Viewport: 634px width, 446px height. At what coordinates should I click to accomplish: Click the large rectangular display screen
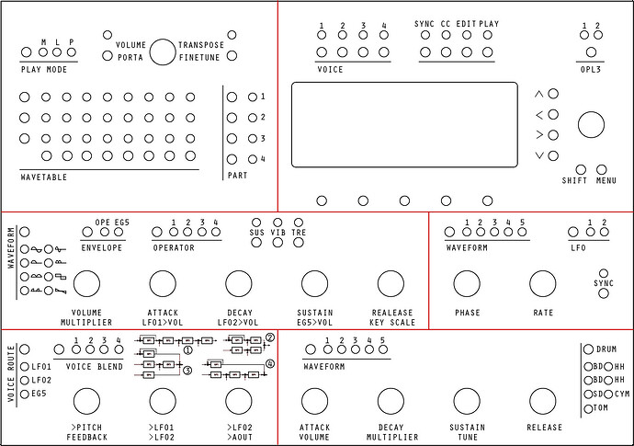coord(404,125)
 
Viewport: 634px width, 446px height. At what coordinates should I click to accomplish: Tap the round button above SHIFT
coord(581,169)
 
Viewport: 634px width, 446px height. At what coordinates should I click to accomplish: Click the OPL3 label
coord(590,69)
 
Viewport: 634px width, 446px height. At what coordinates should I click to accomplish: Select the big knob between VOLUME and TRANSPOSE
coord(163,52)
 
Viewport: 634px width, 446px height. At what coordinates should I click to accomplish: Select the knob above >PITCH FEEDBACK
coord(86,401)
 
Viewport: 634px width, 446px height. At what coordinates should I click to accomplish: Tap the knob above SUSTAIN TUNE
coord(467,401)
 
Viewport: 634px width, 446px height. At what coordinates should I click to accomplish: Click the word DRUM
coord(606,349)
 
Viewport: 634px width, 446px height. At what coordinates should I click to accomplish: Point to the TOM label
coord(602,407)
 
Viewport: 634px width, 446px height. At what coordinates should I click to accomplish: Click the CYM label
coord(622,394)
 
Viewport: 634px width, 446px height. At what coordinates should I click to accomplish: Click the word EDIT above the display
coord(467,25)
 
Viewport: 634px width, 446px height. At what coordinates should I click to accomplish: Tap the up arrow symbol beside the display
coord(540,95)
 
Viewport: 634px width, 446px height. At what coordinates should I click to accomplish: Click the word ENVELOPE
coord(102,247)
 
